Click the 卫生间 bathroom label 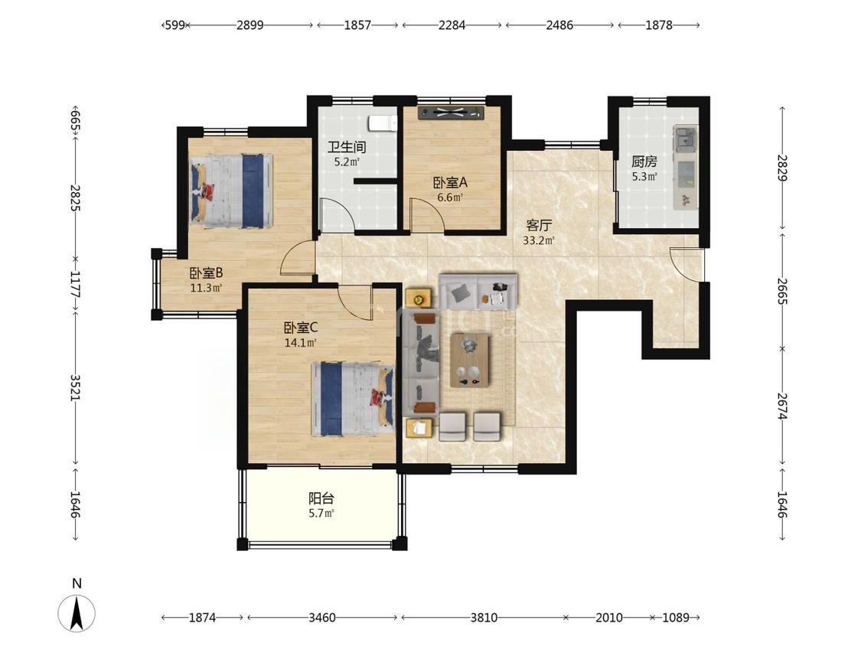347,147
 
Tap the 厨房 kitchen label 644,161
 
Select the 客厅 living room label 539,225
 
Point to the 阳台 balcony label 321,499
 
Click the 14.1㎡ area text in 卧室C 300,343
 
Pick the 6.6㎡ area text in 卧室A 450,197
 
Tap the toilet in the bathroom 383,123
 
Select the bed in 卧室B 231,191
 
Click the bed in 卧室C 353,399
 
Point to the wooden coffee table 470,360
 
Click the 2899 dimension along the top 249,24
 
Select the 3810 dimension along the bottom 484,618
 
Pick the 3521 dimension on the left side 75,388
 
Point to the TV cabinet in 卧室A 452,113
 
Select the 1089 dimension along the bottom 675,618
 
